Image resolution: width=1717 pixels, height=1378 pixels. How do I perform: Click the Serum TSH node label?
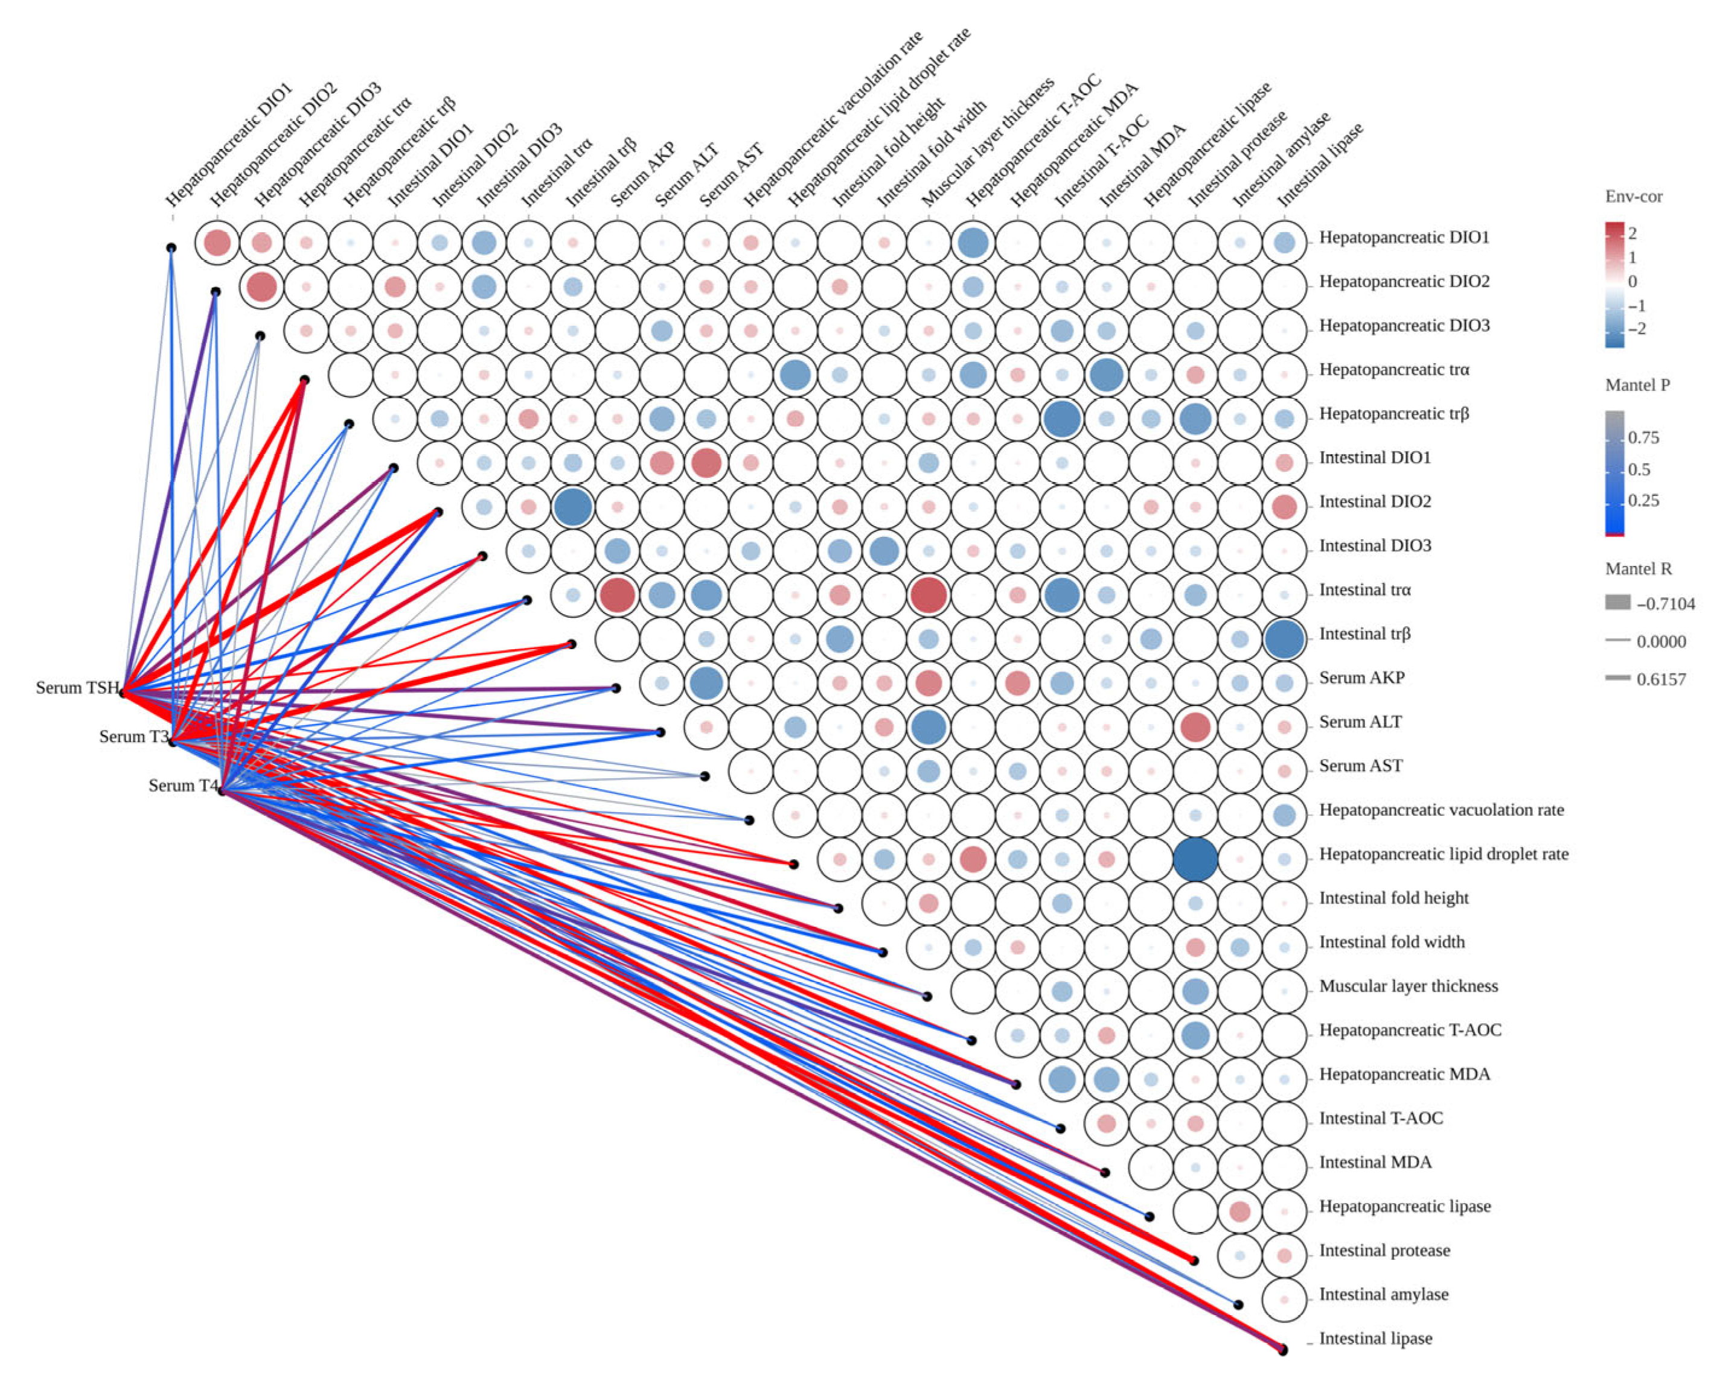(x=77, y=688)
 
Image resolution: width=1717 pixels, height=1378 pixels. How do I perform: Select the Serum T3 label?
(x=133, y=737)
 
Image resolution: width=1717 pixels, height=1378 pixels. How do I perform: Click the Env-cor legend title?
(x=1633, y=197)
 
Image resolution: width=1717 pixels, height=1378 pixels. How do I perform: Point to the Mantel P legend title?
(x=1637, y=386)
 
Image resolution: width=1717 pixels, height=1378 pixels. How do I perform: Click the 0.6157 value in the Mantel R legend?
(x=1661, y=680)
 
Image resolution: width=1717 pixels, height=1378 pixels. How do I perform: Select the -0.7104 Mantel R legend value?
(x=1665, y=604)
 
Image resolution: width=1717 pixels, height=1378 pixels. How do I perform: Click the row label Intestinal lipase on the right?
(x=1375, y=1339)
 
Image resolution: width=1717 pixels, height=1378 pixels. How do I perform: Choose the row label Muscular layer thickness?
(x=1408, y=986)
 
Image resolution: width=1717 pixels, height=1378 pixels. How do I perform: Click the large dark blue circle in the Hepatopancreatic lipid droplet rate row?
(x=1195, y=859)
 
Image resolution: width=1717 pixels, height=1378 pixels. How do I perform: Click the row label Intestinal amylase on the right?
(x=1383, y=1294)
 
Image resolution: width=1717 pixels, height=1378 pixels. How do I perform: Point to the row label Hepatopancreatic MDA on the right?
(x=1404, y=1075)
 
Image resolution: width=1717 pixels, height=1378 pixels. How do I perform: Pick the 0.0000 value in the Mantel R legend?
(x=1661, y=641)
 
